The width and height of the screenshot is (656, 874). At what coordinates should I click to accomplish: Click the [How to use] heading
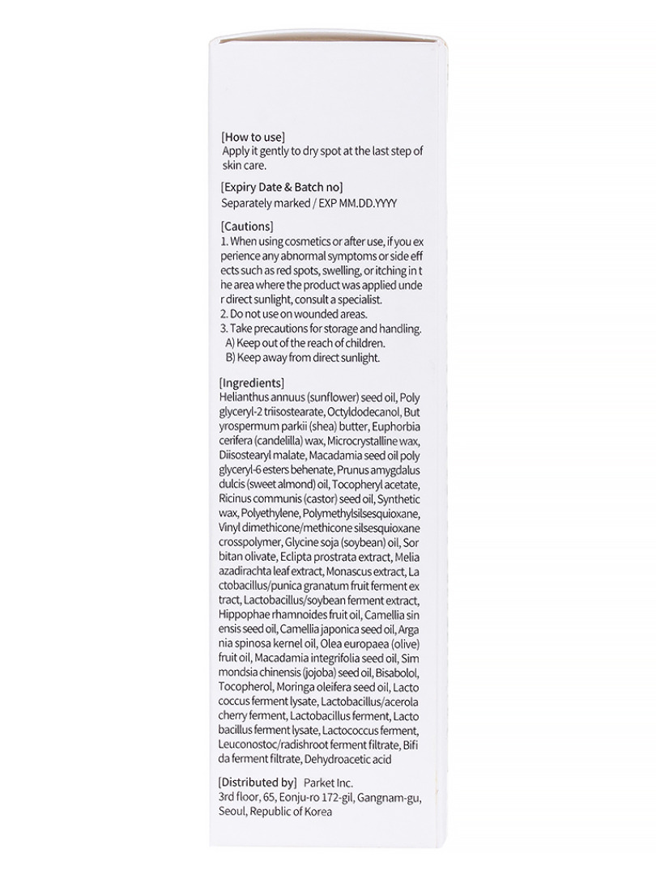tap(253, 137)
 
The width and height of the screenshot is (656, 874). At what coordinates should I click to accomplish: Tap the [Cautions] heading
tap(247, 226)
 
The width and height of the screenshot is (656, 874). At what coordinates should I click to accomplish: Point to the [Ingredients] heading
tap(252, 383)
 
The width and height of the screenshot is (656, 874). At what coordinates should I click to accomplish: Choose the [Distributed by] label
tap(257, 783)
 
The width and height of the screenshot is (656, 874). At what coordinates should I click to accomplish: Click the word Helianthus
tap(244, 397)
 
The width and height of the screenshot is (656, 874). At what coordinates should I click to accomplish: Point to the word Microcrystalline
tap(369, 441)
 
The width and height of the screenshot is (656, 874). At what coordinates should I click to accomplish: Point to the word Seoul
tap(234, 812)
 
